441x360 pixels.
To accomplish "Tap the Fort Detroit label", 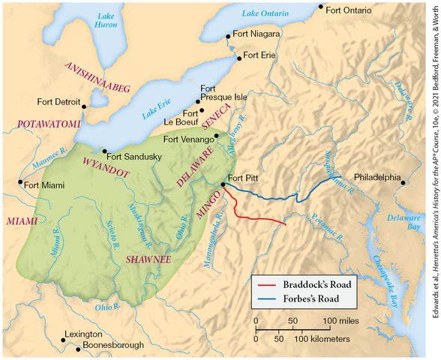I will click(57, 101).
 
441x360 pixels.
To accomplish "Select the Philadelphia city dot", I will click(403, 182).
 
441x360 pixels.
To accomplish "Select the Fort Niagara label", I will click(256, 34).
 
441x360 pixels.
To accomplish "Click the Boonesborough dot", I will click(63, 348).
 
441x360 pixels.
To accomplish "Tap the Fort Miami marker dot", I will click(20, 181).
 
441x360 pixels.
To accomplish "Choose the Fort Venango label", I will click(187, 139).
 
